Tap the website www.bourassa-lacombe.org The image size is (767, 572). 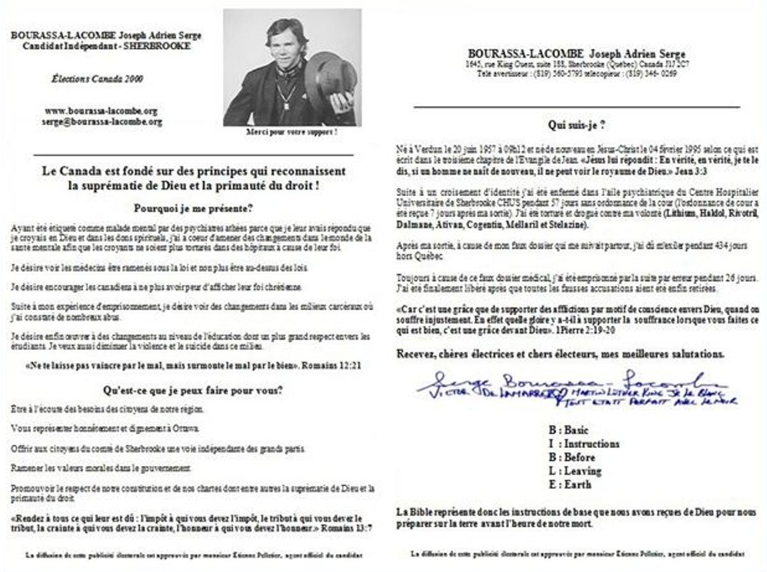point(101,111)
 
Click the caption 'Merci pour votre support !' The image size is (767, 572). point(292,132)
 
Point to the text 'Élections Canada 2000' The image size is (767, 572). point(97,79)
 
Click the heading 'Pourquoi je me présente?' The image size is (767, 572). point(194,208)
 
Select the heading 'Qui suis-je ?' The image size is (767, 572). point(576,125)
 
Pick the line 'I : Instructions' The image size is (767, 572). point(583,444)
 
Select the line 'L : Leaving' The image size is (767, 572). point(574,471)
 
